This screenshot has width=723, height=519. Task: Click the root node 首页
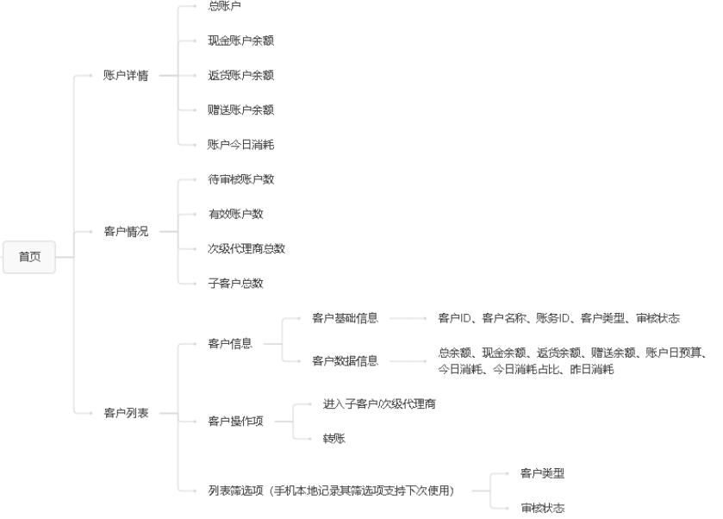29,257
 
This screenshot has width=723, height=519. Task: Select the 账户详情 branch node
126,76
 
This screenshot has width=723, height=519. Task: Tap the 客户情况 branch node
126,231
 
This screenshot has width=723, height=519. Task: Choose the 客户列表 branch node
126,413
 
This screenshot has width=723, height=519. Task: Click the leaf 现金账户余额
241,41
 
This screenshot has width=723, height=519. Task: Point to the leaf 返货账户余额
241,76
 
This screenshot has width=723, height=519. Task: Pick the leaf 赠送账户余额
241,110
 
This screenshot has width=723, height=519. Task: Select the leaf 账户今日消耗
241,145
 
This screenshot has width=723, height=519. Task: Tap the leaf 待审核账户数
241,179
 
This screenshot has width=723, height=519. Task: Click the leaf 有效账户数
236,214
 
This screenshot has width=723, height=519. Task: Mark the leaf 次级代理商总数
246,248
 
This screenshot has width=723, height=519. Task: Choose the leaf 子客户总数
236,283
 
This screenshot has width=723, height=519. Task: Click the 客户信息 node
230,343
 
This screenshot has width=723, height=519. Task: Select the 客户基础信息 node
345,318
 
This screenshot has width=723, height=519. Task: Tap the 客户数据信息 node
345,361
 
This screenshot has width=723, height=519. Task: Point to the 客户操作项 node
235,421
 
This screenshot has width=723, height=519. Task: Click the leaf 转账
334,439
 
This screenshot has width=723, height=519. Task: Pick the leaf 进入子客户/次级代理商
379,403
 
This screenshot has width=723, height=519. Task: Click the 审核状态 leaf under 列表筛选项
543,508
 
